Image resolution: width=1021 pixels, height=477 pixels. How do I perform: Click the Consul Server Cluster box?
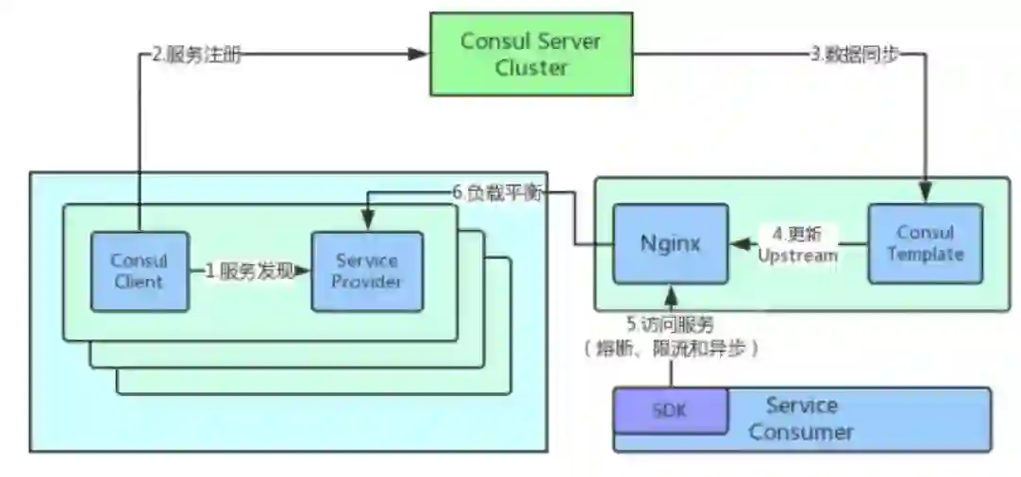[x=531, y=54]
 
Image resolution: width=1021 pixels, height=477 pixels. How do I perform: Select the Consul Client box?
[x=139, y=271]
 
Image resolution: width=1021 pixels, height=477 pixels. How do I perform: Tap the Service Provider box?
[x=367, y=271]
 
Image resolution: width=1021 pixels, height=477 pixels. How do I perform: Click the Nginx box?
[x=670, y=243]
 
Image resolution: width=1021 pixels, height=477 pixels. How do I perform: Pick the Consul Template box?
[x=925, y=243]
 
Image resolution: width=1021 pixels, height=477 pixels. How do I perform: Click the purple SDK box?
[x=670, y=411]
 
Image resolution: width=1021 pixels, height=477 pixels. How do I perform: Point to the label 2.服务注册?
[x=196, y=54]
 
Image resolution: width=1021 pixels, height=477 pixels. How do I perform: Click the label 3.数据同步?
[x=854, y=54]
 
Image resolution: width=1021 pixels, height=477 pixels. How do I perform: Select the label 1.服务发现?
[x=249, y=271]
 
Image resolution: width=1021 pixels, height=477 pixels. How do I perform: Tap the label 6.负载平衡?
[x=495, y=192]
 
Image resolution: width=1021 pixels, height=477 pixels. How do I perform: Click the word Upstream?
[x=798, y=255]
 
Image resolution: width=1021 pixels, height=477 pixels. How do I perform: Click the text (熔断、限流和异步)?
[x=671, y=348]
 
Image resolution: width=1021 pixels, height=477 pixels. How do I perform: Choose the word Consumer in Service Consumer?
[x=800, y=433]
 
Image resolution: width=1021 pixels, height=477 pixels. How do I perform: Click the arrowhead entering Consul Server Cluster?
[x=421, y=54]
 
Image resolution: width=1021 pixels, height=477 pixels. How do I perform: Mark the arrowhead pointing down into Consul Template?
[x=925, y=195]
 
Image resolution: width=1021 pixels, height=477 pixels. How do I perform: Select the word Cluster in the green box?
[x=531, y=68]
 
